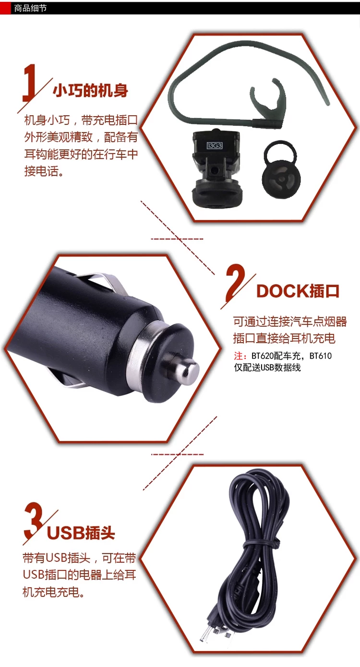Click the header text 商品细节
30,8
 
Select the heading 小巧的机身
91,91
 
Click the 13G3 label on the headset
215,145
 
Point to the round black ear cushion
281,168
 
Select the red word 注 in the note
239,356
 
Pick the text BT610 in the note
320,356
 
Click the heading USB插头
81,533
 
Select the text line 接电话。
44,171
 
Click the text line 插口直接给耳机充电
284,338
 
